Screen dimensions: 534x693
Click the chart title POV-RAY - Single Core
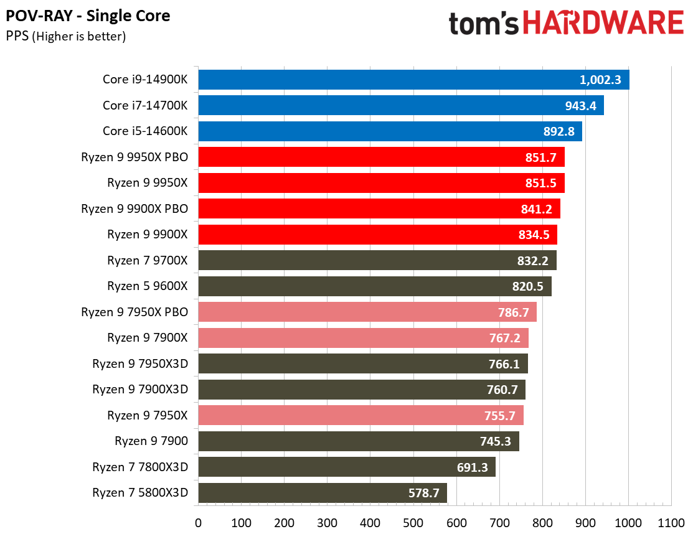click(x=88, y=15)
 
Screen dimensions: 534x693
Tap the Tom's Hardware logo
click(x=565, y=24)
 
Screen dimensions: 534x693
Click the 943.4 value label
click(x=580, y=106)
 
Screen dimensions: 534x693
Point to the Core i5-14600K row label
click(x=144, y=131)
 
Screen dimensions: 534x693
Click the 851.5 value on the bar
click(x=541, y=183)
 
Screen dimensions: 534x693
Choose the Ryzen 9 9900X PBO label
click(x=134, y=208)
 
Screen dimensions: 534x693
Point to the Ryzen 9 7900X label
click(x=147, y=338)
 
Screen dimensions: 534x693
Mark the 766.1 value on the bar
click(x=504, y=364)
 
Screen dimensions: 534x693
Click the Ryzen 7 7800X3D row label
click(x=140, y=467)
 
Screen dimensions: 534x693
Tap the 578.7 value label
click(x=423, y=494)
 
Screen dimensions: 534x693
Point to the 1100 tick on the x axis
click(x=671, y=522)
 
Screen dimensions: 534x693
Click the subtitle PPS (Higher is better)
click(x=66, y=36)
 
